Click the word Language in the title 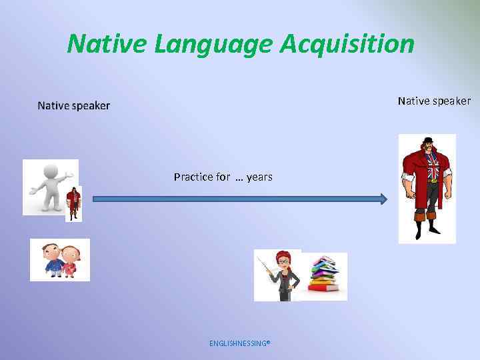(213, 44)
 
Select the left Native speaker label (74, 105)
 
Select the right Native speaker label (434, 101)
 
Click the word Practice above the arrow (193, 177)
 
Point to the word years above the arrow (259, 177)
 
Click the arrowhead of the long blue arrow (383, 199)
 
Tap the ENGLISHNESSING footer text (239, 344)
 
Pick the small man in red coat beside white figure (73, 203)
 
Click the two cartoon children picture (59, 260)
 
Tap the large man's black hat (427, 141)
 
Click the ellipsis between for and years (239, 178)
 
